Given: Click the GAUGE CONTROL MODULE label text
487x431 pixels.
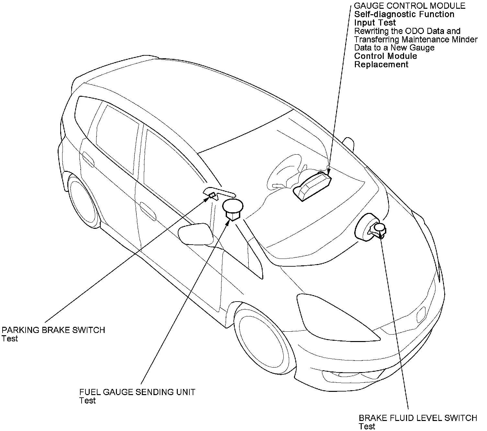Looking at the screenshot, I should pyautogui.click(x=410, y=6).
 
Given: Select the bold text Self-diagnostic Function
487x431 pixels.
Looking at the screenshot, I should pyautogui.click(x=404, y=14).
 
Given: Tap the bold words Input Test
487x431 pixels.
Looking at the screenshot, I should pyautogui.click(x=375, y=23).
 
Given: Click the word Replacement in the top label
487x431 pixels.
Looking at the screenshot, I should pyautogui.click(x=381, y=64).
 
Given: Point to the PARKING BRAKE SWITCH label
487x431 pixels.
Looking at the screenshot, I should pyautogui.click(x=53, y=330).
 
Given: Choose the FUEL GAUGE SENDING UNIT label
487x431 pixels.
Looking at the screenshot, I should pyautogui.click(x=137, y=392).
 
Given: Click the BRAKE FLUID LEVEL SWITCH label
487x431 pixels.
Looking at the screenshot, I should pyautogui.click(x=418, y=418).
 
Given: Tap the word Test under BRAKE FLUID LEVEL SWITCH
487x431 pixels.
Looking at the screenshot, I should pyautogui.click(x=367, y=426).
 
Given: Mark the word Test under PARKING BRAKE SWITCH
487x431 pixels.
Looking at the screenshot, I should pyautogui.click(x=10, y=338).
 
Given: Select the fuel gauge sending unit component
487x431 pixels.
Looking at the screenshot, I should pyautogui.click(x=232, y=209).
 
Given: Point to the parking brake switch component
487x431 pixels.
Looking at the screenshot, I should pyautogui.click(x=212, y=195).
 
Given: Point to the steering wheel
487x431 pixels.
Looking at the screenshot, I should pyautogui.click(x=285, y=175).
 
